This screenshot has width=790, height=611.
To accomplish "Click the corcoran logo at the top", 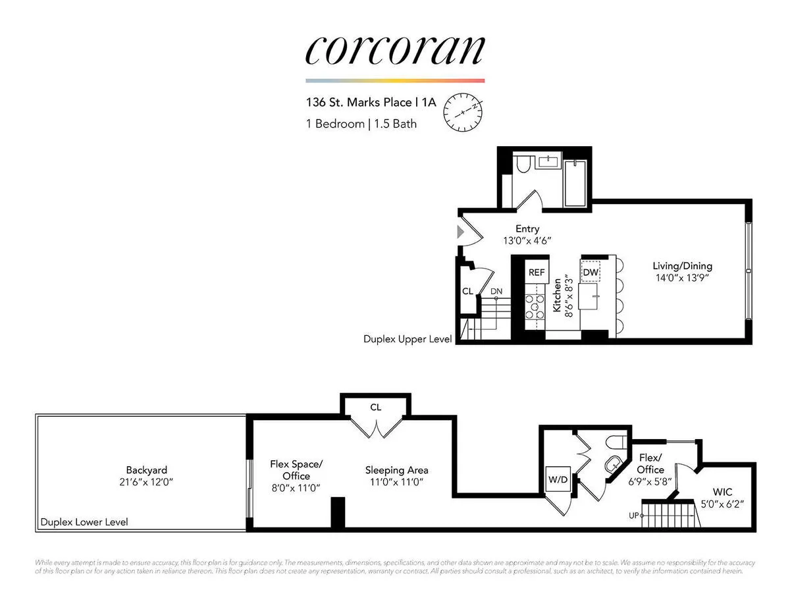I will (395, 50).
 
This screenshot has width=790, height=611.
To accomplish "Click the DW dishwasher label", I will (591, 272).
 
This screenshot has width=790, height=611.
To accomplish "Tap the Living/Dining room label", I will (682, 266).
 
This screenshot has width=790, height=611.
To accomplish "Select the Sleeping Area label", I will (397, 470).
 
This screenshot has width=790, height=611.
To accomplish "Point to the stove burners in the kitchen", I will (535, 307).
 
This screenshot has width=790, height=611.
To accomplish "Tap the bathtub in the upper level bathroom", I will (577, 182).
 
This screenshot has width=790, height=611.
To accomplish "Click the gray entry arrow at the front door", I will (461, 231).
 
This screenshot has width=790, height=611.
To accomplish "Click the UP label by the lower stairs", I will (634, 516).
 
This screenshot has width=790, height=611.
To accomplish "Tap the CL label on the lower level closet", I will (375, 408).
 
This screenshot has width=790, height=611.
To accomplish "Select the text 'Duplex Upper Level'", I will (408, 339).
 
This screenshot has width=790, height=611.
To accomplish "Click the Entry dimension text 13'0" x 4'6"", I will (527, 241).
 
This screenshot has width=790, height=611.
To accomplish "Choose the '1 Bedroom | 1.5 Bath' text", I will (361, 123).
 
